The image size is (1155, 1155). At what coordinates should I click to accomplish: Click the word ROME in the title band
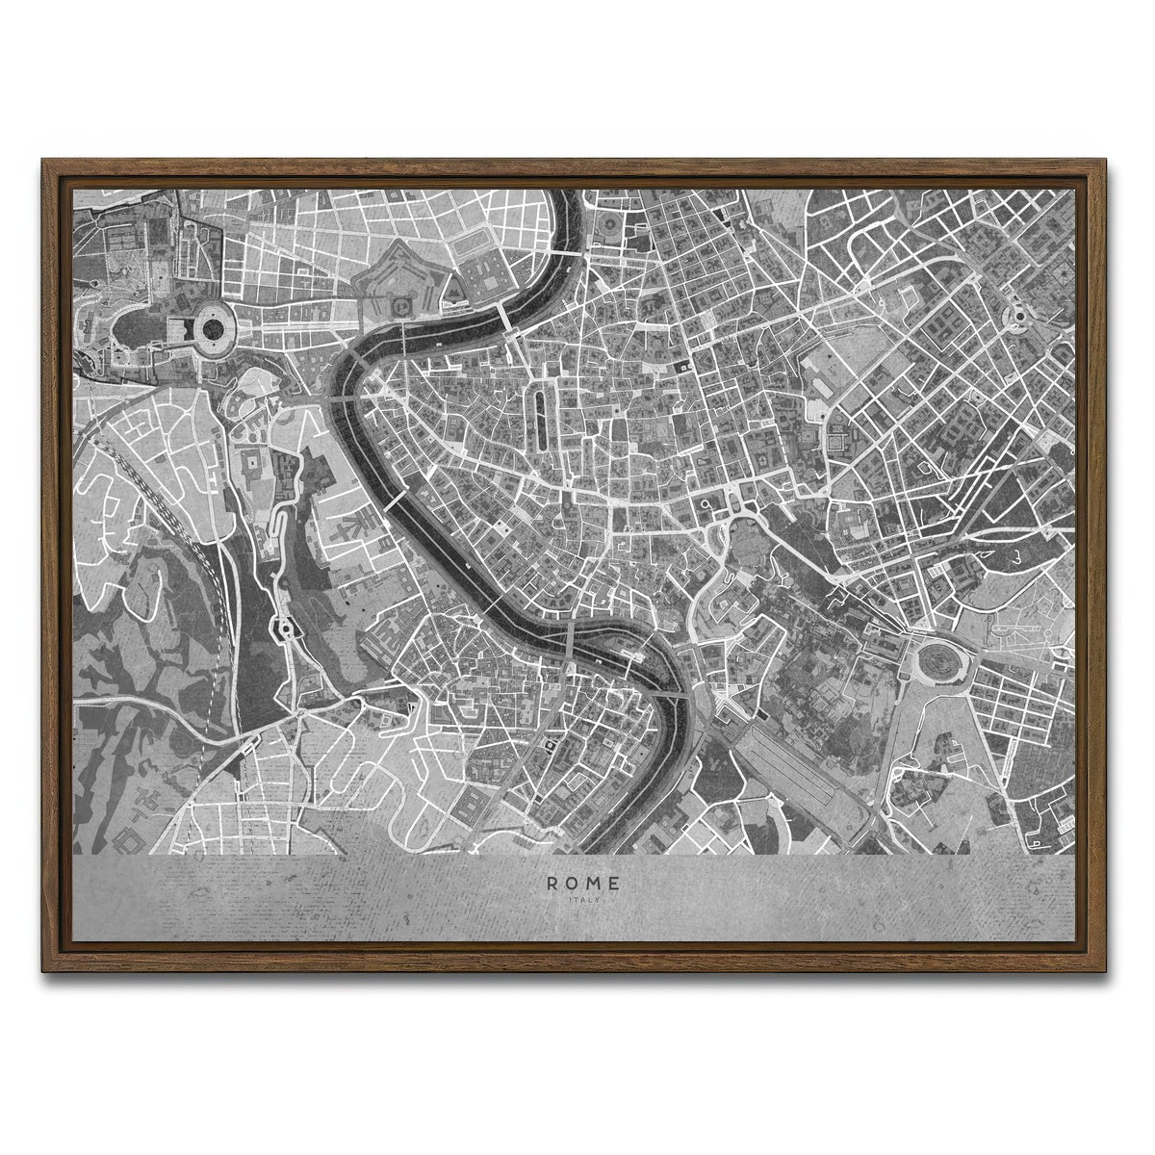[583, 882]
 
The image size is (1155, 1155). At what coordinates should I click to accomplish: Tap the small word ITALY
[583, 900]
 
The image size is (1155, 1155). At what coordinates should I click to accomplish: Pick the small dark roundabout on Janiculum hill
[284, 630]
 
